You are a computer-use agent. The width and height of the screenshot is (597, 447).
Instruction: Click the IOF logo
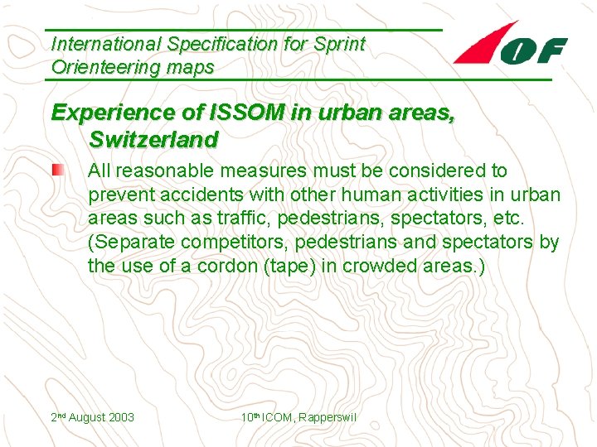[511, 45]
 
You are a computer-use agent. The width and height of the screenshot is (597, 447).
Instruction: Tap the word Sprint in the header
[337, 44]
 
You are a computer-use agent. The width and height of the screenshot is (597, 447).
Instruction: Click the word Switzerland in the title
[153, 138]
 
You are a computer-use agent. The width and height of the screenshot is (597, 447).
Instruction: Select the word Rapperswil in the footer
[328, 417]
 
